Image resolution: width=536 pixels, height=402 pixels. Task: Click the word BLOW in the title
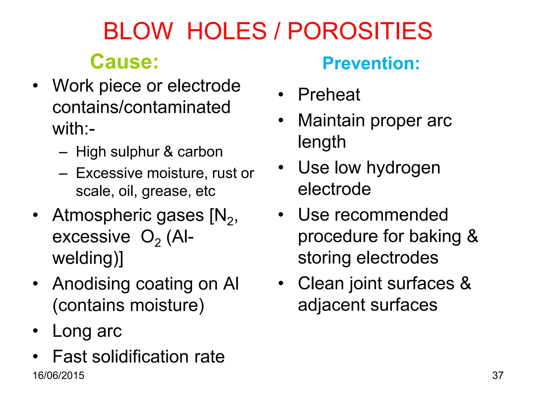click(x=138, y=31)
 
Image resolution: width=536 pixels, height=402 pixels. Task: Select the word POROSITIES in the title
click(x=360, y=31)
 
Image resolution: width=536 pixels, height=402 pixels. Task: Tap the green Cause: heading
click(x=124, y=62)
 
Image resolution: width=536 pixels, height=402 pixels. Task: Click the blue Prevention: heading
click(x=371, y=63)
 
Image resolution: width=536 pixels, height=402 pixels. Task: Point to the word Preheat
click(x=329, y=94)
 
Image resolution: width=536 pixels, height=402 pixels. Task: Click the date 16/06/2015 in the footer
click(x=58, y=375)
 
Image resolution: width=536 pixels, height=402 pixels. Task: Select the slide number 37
click(x=498, y=375)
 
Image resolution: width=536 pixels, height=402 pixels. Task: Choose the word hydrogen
click(x=403, y=168)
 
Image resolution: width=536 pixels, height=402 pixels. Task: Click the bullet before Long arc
click(x=35, y=331)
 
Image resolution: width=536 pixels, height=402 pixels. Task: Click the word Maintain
click(x=331, y=120)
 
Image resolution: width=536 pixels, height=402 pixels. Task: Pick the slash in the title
click(x=277, y=31)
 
